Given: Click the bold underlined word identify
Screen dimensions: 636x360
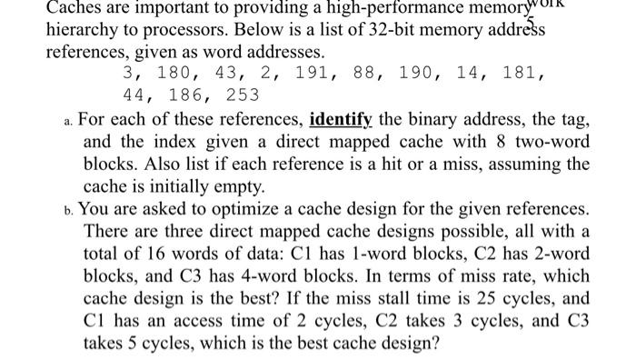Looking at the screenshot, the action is tap(343, 119).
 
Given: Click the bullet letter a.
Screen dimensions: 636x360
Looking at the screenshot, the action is tap(71, 119).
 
